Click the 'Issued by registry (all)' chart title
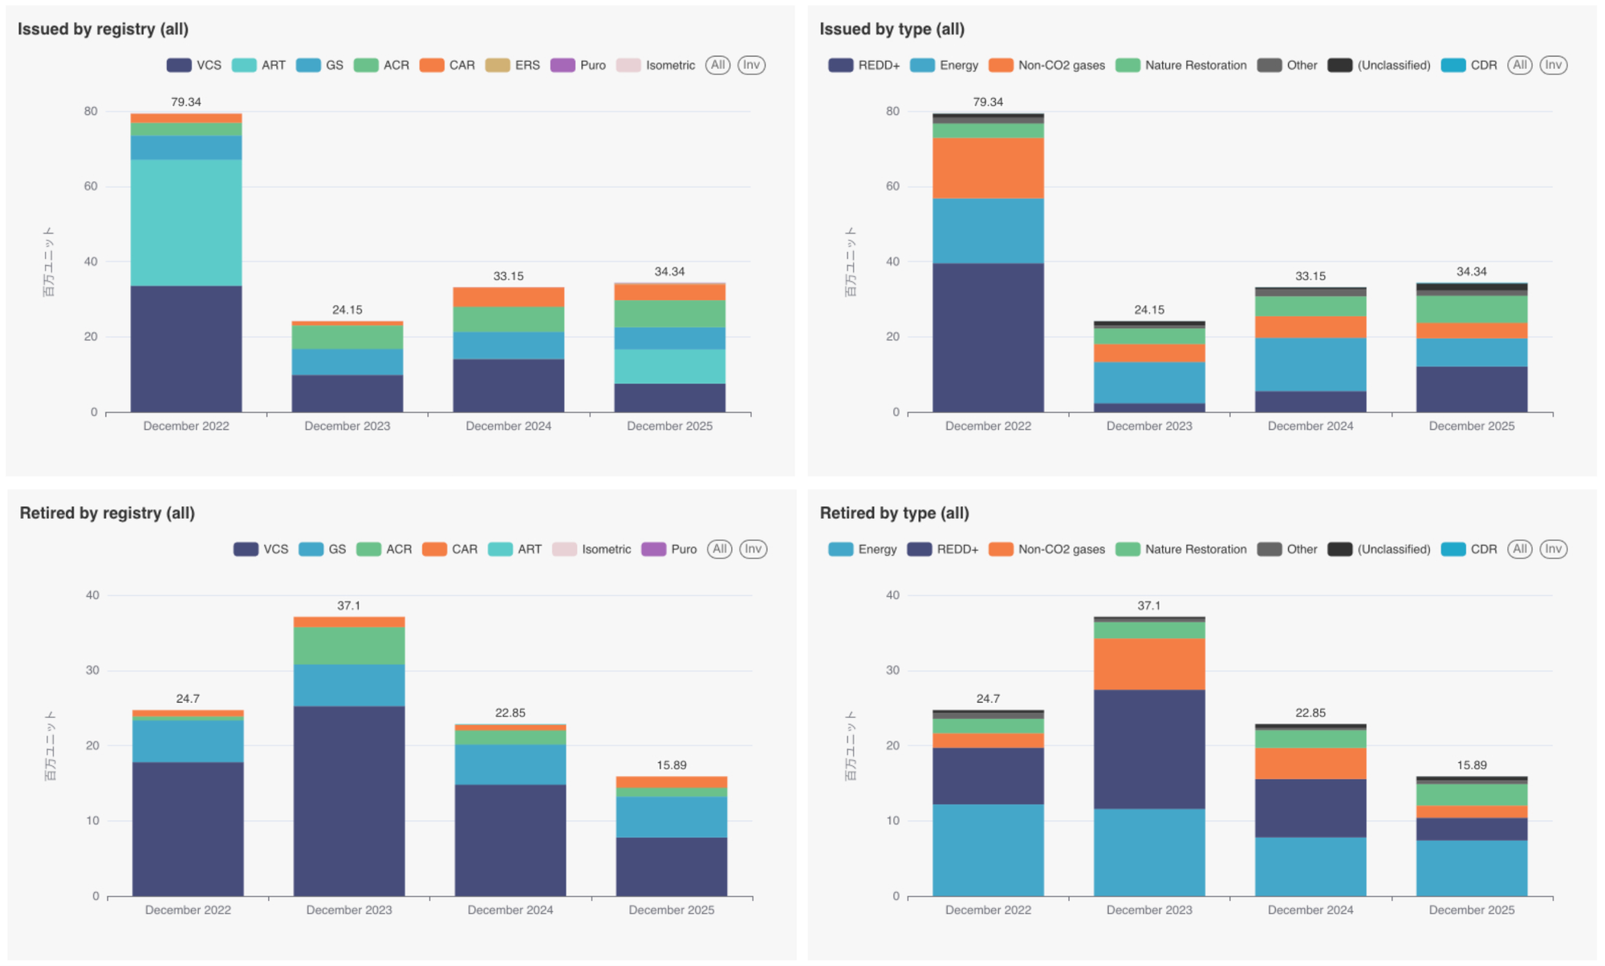coord(103,29)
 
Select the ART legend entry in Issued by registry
coord(258,65)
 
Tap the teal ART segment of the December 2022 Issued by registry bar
coord(186,222)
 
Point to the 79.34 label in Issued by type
coord(988,102)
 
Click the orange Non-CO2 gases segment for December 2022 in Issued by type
coord(988,168)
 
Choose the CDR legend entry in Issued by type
coord(1469,65)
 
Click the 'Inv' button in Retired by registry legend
coord(752,549)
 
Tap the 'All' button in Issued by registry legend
coord(717,65)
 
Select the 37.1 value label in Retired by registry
coord(348,606)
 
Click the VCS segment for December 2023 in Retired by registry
coord(349,801)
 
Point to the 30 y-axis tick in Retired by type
coord(892,670)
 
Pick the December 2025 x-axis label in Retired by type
coord(1472,910)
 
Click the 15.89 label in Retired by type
coord(1472,765)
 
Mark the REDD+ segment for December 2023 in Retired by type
coord(1149,749)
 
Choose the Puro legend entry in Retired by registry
coord(669,549)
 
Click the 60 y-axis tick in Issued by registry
coord(91,186)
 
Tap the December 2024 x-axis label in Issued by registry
coord(508,426)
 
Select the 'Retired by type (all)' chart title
coord(894,513)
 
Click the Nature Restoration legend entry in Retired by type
coord(1181,549)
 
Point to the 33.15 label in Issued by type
coord(1310,276)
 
